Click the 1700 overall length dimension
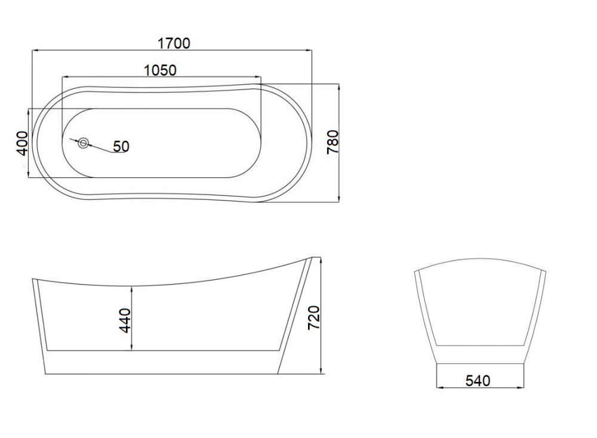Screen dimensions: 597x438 (174, 44)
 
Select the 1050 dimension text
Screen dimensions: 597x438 (160, 70)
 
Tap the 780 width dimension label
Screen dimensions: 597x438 (333, 142)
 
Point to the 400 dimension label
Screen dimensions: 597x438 (23, 143)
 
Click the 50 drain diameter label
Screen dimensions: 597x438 (121, 146)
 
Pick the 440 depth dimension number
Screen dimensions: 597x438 (125, 321)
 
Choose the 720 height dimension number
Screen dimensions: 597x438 (314, 317)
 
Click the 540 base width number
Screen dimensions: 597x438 (478, 381)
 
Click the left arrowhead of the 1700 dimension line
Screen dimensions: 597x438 (36, 50)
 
